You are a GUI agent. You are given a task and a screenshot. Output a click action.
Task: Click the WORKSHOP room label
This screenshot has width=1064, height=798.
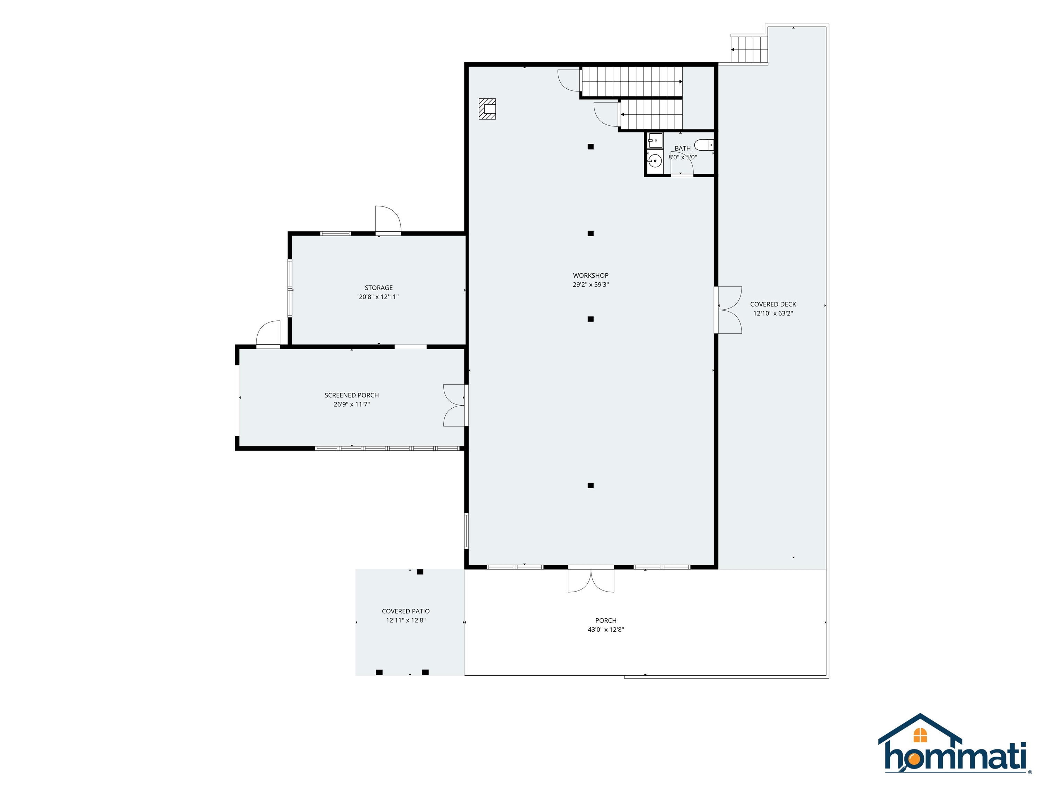pos(590,276)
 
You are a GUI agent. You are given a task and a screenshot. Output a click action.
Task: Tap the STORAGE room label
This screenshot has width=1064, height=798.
pos(379,287)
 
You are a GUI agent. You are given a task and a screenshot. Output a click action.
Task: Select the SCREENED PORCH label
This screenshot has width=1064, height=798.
pos(352,396)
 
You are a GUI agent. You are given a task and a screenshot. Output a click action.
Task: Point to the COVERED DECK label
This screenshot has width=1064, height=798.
pos(773,304)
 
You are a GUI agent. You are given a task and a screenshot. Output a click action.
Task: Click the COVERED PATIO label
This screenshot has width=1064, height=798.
pos(406,611)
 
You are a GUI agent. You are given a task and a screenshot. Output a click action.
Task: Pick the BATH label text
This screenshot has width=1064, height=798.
pos(683,149)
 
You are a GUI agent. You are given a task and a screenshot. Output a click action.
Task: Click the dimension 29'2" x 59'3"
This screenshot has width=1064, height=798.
pos(590,285)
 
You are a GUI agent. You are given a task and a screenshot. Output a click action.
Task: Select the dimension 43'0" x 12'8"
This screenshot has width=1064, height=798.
pos(605,630)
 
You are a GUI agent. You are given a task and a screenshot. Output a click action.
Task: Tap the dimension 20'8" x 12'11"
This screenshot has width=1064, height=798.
pos(379,297)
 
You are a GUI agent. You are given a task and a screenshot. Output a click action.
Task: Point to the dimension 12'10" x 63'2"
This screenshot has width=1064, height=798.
pos(773,313)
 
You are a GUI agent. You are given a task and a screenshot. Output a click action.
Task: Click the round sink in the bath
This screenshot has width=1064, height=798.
pos(655,161)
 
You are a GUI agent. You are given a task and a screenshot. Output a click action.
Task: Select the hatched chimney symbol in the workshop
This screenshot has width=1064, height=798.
pos(487,109)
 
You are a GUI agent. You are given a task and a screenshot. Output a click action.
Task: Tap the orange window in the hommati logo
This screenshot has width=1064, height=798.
pos(920,735)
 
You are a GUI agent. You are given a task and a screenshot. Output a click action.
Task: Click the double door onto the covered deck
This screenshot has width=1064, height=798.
pos(728,310)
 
